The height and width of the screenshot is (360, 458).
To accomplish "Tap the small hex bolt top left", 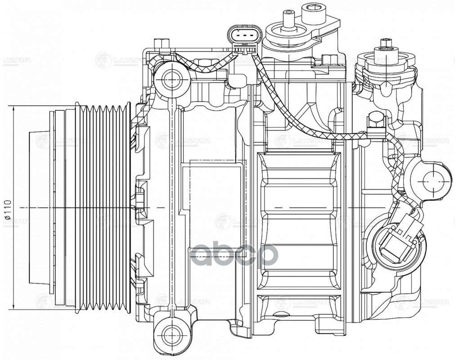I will point(162,45).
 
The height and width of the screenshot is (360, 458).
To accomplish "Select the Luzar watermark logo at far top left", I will point(15,60).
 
